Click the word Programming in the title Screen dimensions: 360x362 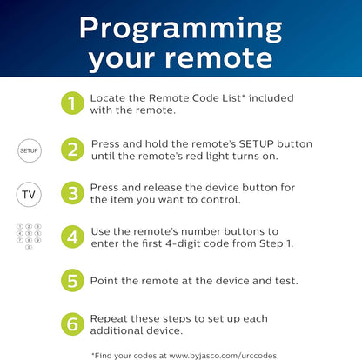coord(180,27)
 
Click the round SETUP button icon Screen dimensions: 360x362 coord(29,150)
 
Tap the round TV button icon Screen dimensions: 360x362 coord(29,192)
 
